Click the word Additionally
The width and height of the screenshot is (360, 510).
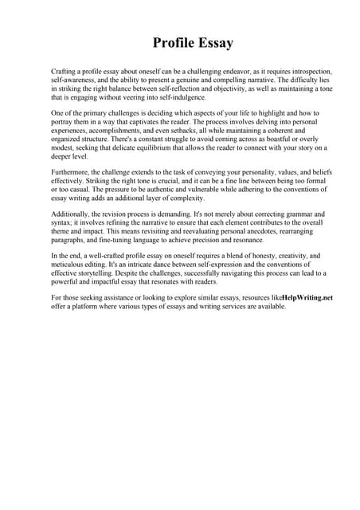pos(74,215)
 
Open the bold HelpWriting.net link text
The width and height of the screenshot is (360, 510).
pos(308,298)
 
